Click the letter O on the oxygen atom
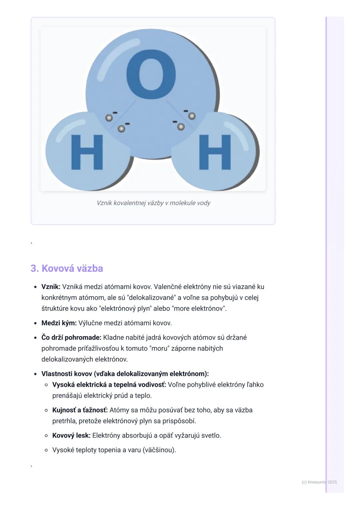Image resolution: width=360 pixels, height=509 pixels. [x=151, y=74]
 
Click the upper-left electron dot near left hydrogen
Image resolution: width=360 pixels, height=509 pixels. [x=109, y=118]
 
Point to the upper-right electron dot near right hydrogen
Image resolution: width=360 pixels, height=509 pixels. [x=192, y=116]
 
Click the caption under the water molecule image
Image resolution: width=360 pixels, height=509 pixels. [x=153, y=203]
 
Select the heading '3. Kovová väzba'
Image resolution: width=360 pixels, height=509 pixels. [x=67, y=268]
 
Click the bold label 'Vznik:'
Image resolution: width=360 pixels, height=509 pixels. [x=51, y=286]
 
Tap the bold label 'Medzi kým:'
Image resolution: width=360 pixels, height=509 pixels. [x=59, y=323]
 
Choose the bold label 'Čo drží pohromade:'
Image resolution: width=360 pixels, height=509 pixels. [x=71, y=337]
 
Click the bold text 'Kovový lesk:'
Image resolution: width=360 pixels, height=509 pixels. [x=71, y=435]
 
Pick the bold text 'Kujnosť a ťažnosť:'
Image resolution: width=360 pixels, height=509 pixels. [x=80, y=410]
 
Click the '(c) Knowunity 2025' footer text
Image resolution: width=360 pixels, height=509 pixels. [x=319, y=482]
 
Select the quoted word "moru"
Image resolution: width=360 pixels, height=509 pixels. [x=159, y=348]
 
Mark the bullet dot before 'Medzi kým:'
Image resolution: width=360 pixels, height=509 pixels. [x=35, y=323]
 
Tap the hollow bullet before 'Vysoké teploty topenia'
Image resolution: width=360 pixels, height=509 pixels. [x=46, y=450]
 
